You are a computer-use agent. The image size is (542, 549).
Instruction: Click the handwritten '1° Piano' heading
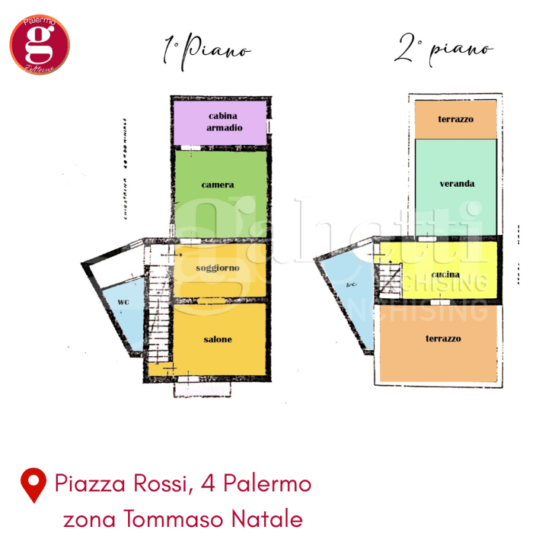206,51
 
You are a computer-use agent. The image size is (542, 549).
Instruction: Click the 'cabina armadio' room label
224,122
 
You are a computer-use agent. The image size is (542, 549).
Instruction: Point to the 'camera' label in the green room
218,185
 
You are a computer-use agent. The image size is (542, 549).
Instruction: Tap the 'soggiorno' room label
218,268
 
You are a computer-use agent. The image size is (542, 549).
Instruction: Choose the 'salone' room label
218,339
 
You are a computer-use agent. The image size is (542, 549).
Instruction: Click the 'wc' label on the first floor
123,302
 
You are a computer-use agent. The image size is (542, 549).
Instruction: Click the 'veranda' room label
457,183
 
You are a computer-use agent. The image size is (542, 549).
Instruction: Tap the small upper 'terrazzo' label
456,120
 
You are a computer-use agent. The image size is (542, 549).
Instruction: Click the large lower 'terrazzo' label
443,338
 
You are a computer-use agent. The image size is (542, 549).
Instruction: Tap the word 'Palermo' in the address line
262,483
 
